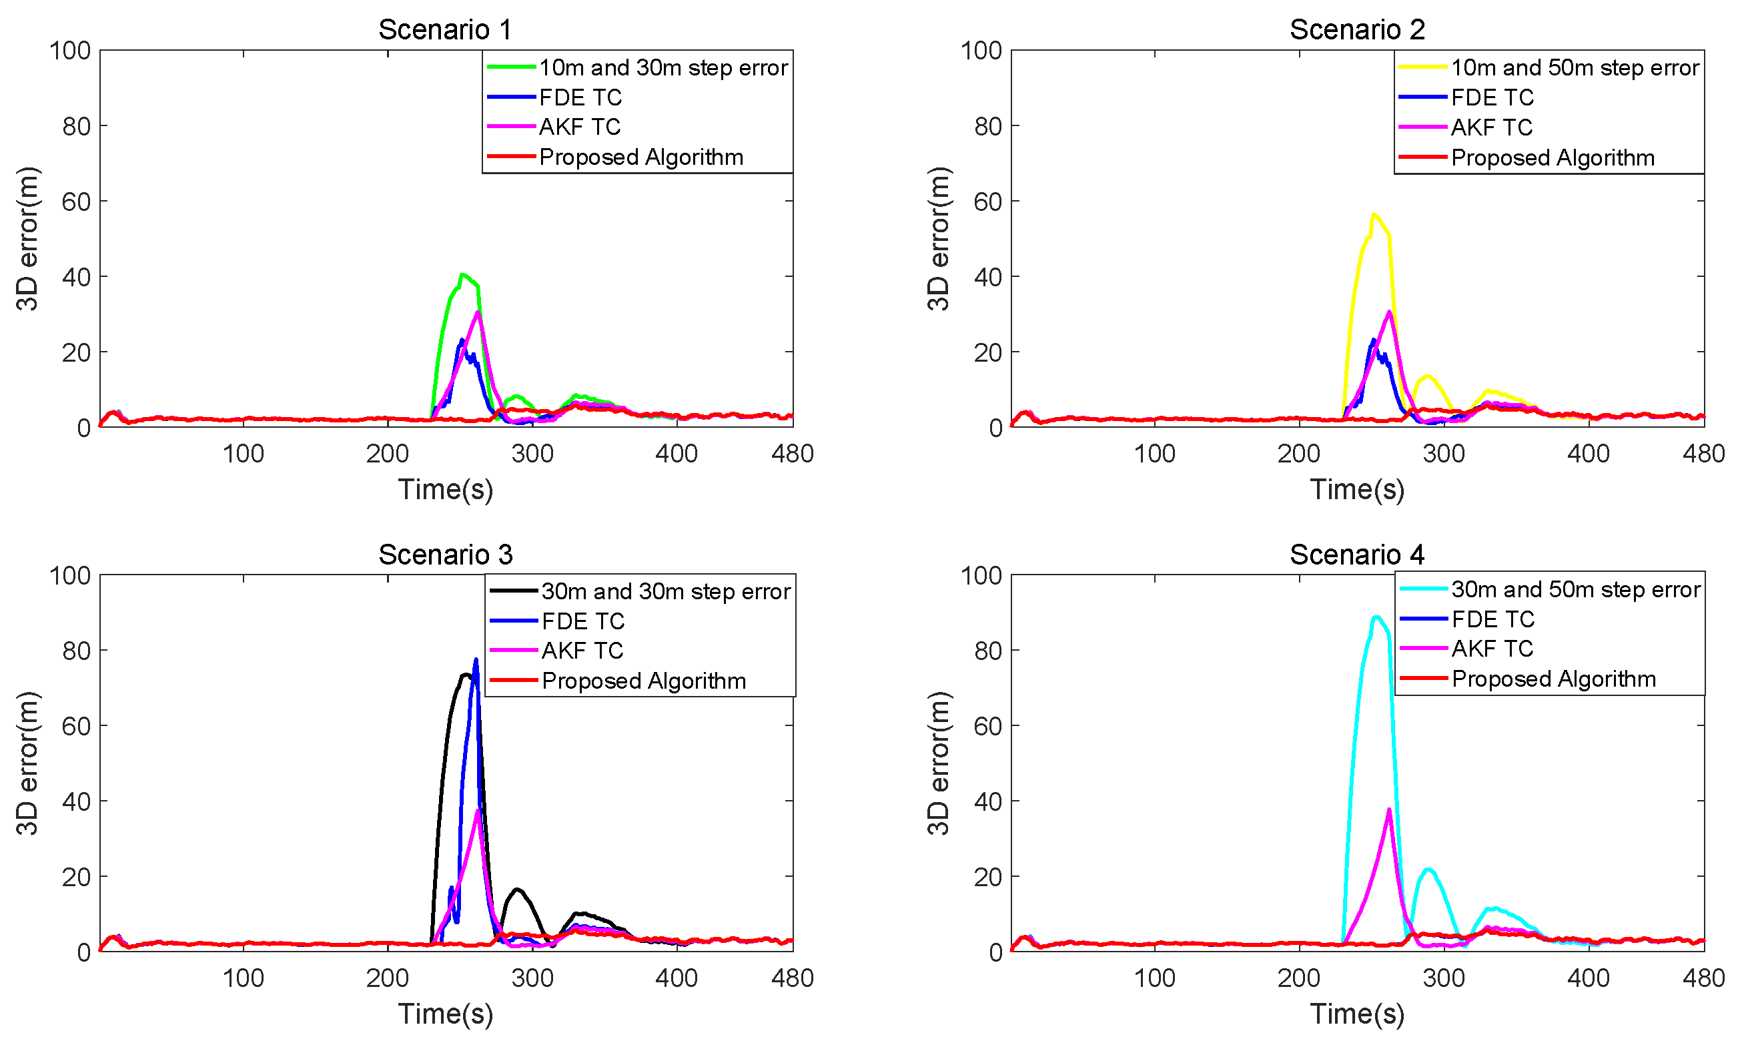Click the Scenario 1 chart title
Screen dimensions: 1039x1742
[445, 29]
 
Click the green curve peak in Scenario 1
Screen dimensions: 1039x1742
[462, 274]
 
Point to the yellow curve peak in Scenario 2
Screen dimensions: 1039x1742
[1374, 214]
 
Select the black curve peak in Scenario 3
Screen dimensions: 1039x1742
[465, 675]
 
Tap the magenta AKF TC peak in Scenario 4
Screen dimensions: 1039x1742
[1388, 809]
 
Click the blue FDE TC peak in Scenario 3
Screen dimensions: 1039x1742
[476, 659]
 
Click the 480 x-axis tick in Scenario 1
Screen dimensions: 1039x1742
[792, 454]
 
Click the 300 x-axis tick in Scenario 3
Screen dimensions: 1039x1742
[532, 978]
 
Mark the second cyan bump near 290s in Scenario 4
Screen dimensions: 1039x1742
[1428, 870]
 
